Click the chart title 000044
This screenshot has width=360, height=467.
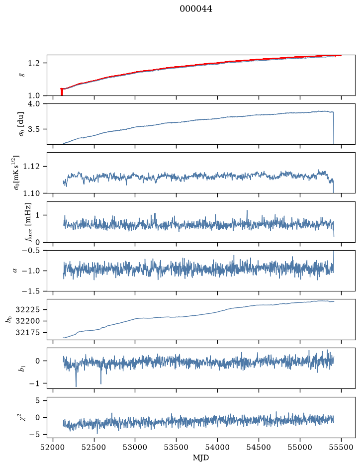coord(196,9)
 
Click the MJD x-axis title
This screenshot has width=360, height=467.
coord(201,458)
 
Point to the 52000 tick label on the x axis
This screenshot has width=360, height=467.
coord(53,447)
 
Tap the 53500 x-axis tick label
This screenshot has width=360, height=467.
coord(177,447)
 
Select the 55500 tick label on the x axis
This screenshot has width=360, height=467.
coord(341,447)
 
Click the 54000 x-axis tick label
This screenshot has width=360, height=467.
coord(217,447)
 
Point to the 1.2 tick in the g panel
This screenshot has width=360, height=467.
coord(34,63)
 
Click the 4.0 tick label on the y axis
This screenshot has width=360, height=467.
coord(34,104)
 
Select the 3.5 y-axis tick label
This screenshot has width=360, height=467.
coord(34,129)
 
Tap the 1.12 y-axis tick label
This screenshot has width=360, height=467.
coord(31,166)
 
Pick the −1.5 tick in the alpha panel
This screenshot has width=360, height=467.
coord(30,291)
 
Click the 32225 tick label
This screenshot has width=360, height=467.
coord(27,310)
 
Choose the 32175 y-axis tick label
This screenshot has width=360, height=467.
coord(27,332)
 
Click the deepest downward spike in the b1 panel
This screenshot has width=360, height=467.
coord(76,386)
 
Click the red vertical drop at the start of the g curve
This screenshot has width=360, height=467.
coord(62,92)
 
